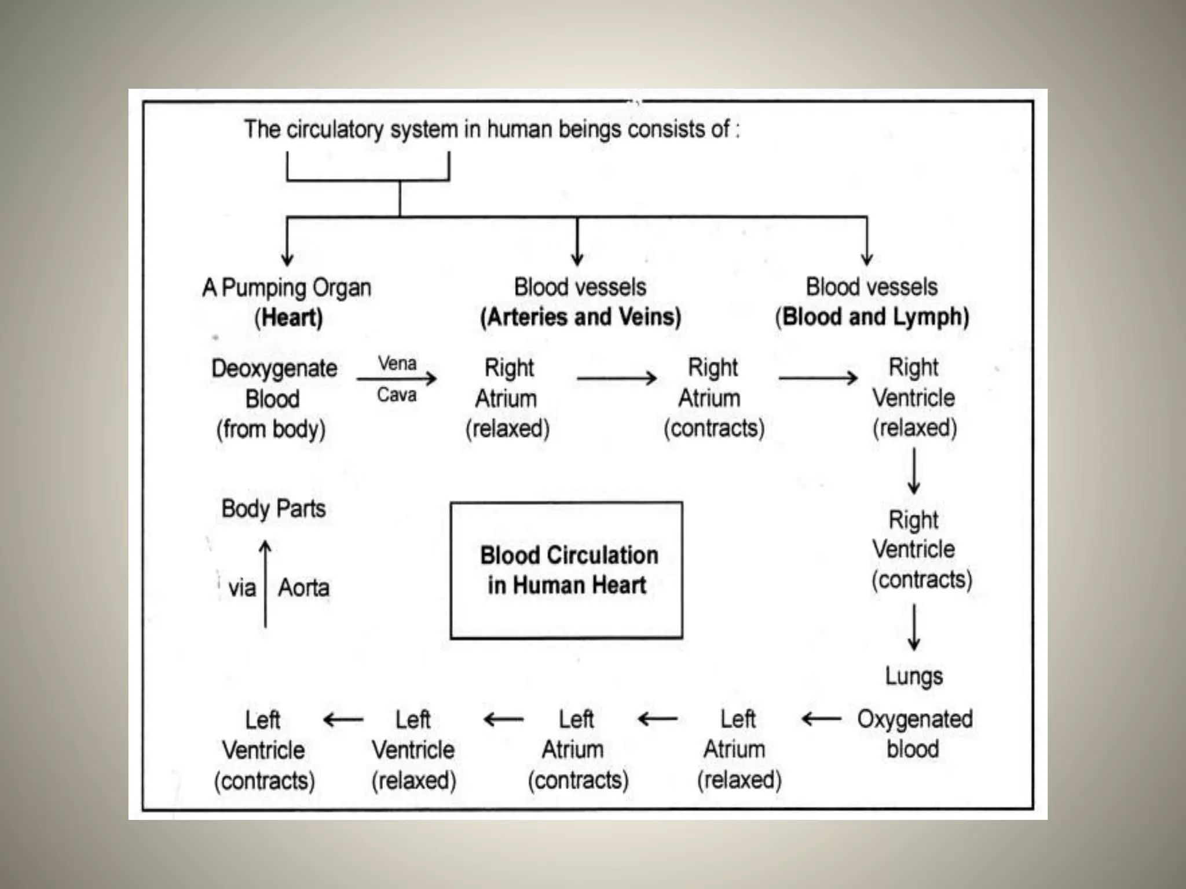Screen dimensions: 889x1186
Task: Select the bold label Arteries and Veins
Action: [x=580, y=317]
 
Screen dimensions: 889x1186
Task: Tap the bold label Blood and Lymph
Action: [x=872, y=317]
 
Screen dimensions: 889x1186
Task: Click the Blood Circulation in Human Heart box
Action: [x=566, y=570]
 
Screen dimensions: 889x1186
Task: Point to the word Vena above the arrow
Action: [x=397, y=363]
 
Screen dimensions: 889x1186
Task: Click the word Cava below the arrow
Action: [x=397, y=395]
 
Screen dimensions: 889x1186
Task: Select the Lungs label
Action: [x=914, y=676]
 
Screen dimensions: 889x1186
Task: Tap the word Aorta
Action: [x=303, y=588]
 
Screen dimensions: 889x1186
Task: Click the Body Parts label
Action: [x=273, y=509]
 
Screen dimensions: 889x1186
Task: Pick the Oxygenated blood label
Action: [x=914, y=734]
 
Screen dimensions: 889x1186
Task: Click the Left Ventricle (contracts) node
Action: [x=264, y=750]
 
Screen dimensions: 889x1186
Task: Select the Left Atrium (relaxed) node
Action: [x=739, y=750]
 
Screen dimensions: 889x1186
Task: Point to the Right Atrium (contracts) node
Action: [x=713, y=398]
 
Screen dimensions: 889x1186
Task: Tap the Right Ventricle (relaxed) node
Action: [x=914, y=398]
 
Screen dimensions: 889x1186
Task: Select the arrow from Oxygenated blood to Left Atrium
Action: [x=822, y=719]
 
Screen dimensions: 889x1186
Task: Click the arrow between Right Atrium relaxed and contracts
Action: [x=617, y=379]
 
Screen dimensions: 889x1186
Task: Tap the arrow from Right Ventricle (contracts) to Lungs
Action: [x=914, y=627]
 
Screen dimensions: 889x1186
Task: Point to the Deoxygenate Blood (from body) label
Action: [x=273, y=399]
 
